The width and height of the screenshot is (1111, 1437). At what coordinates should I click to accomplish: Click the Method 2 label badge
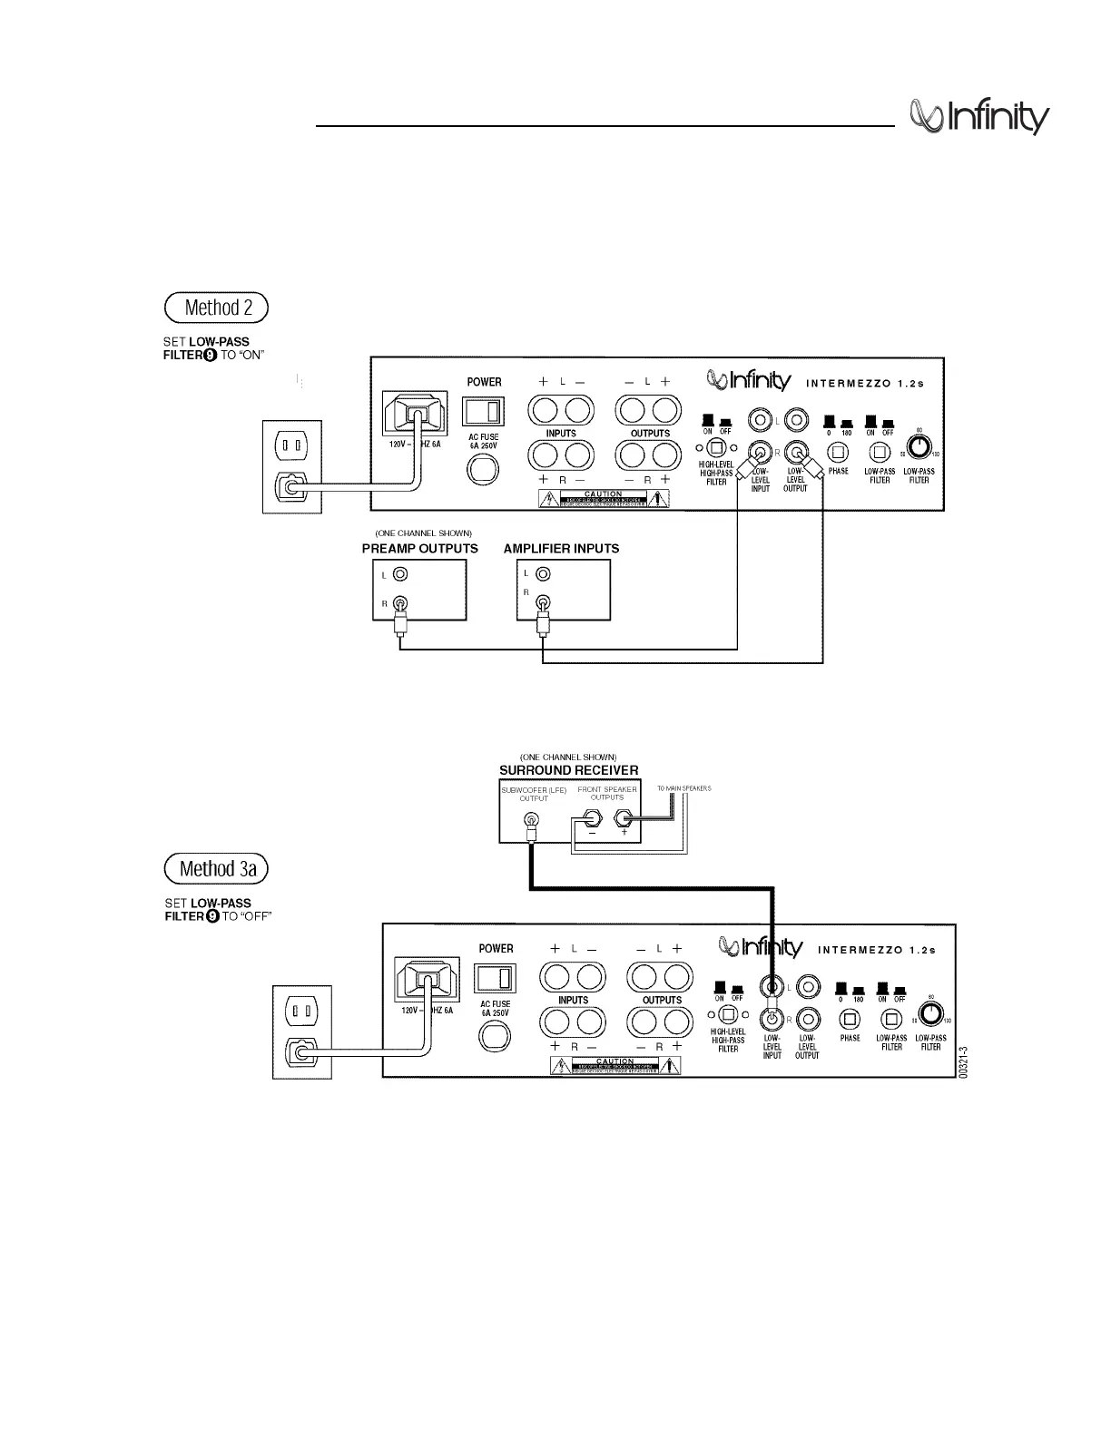pos(217,308)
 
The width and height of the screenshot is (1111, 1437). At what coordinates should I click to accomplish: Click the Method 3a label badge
pos(217,868)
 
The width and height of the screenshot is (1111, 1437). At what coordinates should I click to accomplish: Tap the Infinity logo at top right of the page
pos(979,118)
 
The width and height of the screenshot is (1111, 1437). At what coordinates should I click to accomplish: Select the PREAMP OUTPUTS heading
pos(419,549)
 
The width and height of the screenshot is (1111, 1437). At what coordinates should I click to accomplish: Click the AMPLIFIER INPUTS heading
pos(561,549)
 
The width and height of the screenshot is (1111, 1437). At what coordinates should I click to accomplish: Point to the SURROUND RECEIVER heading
pos(568,770)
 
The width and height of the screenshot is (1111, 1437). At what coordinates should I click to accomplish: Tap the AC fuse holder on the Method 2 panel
pos(483,468)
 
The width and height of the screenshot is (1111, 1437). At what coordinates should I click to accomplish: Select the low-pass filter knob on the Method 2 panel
pos(919,446)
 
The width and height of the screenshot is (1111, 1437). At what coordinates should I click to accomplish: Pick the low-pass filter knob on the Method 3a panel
pos(931,1013)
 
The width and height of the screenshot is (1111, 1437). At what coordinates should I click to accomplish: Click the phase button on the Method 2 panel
pos(838,450)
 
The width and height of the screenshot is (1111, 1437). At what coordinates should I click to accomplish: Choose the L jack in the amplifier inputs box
pos(543,574)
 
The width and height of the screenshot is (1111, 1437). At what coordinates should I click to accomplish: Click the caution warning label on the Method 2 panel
pos(604,498)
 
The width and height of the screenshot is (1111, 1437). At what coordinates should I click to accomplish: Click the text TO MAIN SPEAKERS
pos(683,788)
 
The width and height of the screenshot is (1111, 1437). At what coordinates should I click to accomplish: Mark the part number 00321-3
pos(964,1061)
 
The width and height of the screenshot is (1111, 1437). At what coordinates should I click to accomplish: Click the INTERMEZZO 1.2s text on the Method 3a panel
pos(876,950)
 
